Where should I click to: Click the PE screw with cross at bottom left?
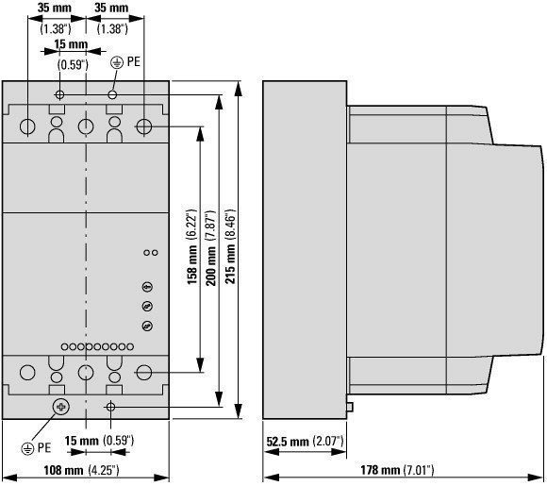[61, 407]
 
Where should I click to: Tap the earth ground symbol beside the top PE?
[117, 63]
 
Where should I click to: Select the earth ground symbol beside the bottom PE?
[27, 448]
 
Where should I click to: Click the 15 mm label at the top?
[71, 44]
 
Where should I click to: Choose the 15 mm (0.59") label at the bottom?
[99, 441]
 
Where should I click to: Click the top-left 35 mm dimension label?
[55, 8]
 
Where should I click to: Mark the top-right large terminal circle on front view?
[143, 126]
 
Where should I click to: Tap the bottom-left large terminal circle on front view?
[27, 373]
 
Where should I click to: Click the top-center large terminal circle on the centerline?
[86, 126]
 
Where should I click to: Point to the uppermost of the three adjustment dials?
[147, 287]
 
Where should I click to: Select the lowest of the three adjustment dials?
[147, 327]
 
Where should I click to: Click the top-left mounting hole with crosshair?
[60, 94]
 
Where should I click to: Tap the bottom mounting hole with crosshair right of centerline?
[110, 407]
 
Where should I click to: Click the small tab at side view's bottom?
[350, 407]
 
